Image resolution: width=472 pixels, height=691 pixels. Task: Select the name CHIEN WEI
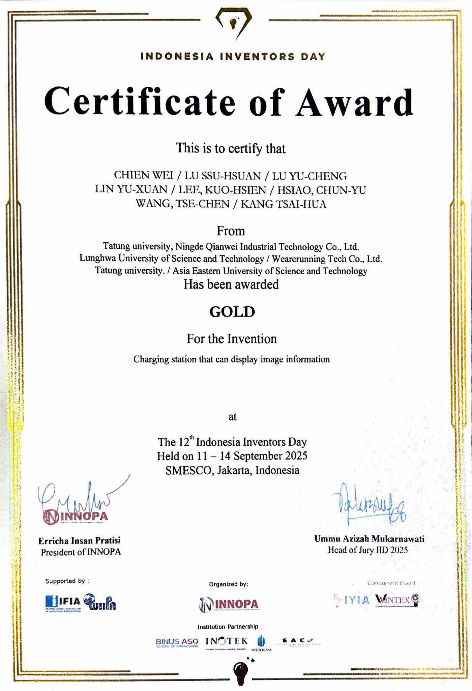click(x=144, y=176)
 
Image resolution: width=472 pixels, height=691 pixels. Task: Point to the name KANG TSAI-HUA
click(x=283, y=204)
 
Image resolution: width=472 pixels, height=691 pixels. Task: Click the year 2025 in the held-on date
click(x=295, y=456)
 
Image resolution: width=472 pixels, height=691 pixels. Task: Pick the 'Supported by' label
click(x=67, y=581)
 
